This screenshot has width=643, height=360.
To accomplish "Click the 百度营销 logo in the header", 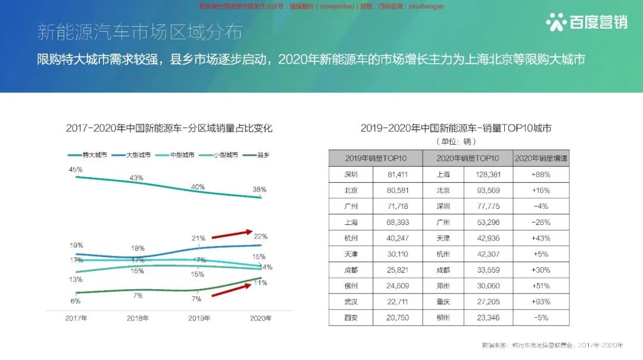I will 586,22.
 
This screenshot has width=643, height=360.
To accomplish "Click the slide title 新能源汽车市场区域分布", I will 140,32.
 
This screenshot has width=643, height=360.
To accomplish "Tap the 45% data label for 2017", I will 76,170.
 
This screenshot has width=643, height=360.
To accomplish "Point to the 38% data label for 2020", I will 260,190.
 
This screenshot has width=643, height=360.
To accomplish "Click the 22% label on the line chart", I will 261,236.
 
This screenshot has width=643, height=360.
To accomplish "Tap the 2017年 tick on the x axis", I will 76,318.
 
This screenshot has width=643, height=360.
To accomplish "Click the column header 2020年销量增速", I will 541,158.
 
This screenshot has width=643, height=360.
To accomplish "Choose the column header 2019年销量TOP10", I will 376,158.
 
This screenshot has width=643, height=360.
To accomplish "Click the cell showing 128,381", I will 491,174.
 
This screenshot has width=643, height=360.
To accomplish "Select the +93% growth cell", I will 541,302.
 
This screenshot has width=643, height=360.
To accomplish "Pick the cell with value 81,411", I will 397,174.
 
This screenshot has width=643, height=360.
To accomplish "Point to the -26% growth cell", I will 541,222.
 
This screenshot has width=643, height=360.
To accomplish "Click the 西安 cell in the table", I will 351,318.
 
